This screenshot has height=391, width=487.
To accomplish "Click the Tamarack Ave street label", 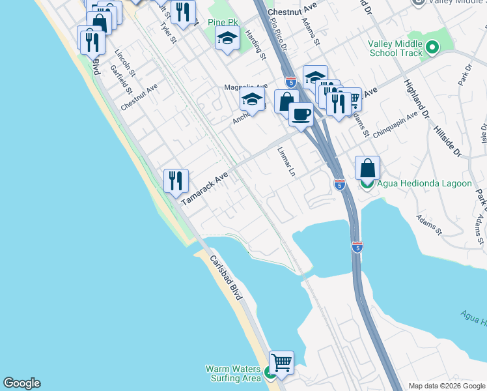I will [204, 189].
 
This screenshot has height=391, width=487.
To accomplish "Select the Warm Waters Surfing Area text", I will [233, 373].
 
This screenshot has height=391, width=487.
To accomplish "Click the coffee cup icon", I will [301, 114].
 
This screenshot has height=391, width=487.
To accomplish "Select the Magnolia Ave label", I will [245, 87].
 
